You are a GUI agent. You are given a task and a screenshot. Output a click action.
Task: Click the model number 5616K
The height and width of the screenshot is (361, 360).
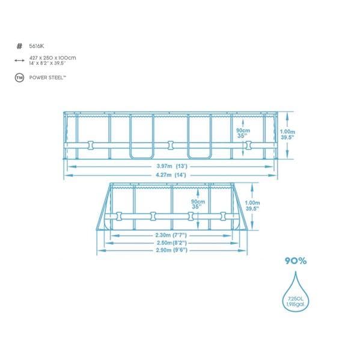tap(36, 46)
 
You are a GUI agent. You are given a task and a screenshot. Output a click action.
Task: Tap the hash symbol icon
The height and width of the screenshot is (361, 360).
tap(19, 46)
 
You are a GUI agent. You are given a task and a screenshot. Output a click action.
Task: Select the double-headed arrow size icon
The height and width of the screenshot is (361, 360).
tap(19, 61)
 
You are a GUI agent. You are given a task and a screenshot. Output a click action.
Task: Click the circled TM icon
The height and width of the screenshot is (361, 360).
tap(19, 78)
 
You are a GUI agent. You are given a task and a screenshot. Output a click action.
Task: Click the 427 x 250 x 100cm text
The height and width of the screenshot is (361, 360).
tap(52, 58)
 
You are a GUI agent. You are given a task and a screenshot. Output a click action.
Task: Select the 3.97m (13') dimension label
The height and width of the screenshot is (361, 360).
tap(172, 166)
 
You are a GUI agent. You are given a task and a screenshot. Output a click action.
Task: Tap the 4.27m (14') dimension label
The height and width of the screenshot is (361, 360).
tap(171, 175)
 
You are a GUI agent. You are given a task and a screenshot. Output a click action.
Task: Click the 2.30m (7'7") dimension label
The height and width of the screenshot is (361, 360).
tap(171, 235)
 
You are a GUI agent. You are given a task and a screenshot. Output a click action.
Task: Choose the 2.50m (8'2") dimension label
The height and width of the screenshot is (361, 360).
tap(172, 242)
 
